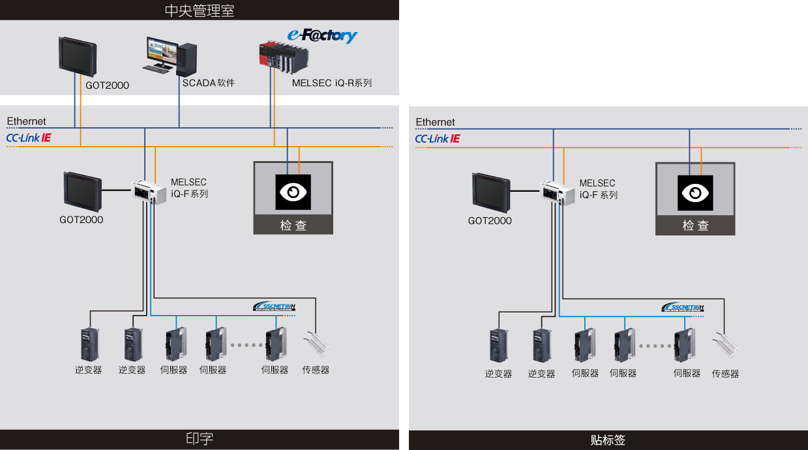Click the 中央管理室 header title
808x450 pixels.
coord(200,10)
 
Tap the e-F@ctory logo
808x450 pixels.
coord(322,36)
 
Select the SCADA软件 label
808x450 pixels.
coord(208,83)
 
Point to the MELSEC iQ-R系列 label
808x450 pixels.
coord(331,83)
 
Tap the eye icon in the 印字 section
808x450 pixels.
coord(293,192)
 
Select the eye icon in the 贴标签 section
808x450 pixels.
coord(695,192)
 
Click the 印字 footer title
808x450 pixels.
coord(200,439)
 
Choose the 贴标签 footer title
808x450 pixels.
coord(608,440)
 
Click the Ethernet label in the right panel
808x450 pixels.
coord(435,122)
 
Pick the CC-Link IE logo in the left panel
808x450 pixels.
coord(29,138)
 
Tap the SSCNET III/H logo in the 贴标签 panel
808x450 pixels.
coord(683,307)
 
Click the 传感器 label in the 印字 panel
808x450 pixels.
coord(316,370)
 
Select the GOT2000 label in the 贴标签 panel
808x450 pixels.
coord(490,220)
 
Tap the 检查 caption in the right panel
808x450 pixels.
coord(695,226)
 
